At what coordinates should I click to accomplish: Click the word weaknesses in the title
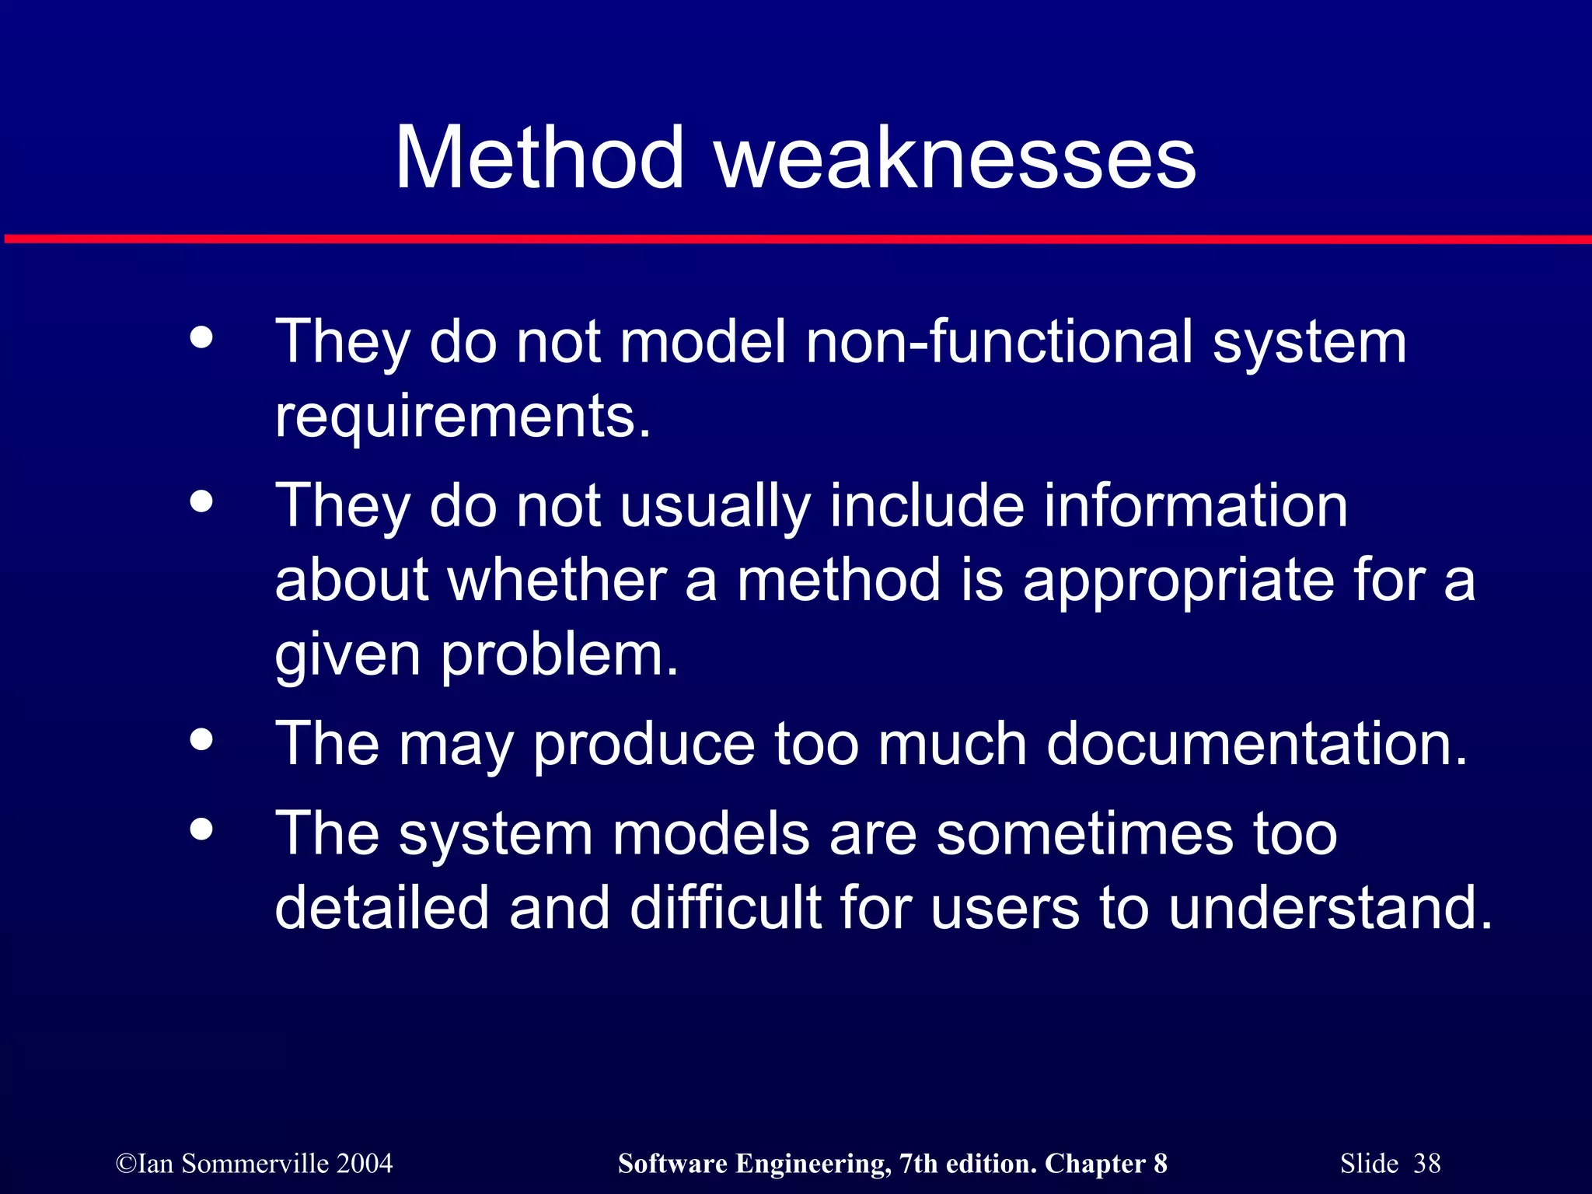click(955, 159)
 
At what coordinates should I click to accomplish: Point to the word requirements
click(462, 417)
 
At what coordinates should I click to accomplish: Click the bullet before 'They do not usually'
click(201, 502)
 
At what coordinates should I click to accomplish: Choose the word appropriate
click(1178, 580)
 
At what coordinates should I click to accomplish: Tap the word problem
click(559, 655)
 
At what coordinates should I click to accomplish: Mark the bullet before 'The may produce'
click(201, 740)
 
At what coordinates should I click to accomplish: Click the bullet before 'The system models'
click(201, 829)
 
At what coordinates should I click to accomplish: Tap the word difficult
click(725, 907)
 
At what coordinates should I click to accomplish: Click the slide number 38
click(1426, 1164)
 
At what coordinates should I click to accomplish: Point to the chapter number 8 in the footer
click(1160, 1164)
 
